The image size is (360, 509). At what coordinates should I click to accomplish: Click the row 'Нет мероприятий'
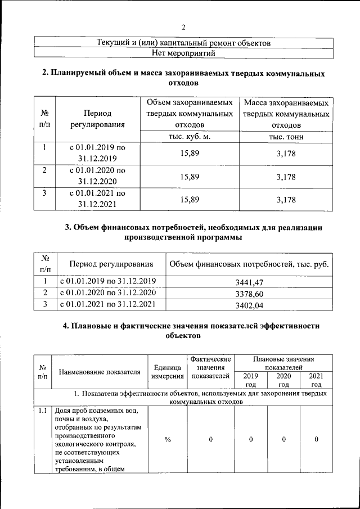[184, 53]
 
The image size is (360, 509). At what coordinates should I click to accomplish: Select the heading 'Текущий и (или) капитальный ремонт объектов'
[184, 43]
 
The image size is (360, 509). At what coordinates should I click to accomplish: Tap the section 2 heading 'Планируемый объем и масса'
[184, 78]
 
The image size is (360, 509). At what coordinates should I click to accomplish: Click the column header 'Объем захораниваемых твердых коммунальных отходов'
[189, 114]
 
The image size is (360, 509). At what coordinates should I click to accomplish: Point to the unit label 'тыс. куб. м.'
[189, 137]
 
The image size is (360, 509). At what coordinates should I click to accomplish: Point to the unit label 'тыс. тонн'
[286, 137]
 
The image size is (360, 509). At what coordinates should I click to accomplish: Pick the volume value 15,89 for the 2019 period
[189, 154]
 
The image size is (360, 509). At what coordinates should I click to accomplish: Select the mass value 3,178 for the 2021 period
[286, 200]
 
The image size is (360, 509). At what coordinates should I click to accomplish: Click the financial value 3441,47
[249, 282]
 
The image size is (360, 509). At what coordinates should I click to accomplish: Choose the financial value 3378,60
[249, 294]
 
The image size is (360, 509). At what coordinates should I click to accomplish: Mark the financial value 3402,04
[249, 306]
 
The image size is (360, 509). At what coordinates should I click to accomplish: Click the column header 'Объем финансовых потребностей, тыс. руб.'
[249, 264]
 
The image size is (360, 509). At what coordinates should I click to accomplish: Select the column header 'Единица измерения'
[166, 372]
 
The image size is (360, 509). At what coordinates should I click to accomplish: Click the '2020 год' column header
[284, 380]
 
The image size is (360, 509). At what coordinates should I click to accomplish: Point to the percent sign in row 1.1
[167, 439]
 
